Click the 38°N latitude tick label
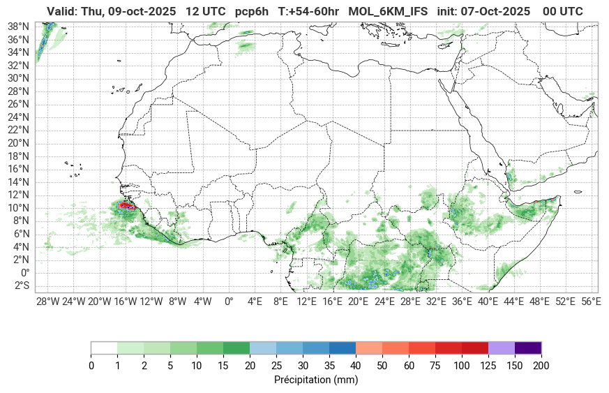point(17,26)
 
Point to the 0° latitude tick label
point(24,272)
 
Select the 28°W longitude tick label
point(47,302)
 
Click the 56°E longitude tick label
point(591,302)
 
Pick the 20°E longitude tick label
point(358,302)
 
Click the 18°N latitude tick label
point(17,156)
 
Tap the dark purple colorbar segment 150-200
point(528,348)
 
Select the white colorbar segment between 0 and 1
point(104,348)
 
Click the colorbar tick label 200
point(541,365)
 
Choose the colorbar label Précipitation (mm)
point(316,380)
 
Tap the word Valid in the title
point(62,11)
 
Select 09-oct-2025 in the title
point(142,11)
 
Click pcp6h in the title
point(252,11)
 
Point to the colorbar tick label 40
point(356,365)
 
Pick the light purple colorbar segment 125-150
point(502,348)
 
